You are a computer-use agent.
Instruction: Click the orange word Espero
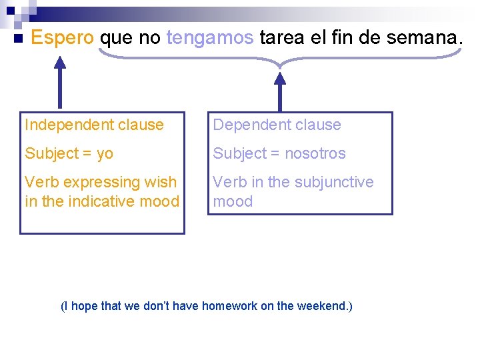63,38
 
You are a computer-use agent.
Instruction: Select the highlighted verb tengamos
210,39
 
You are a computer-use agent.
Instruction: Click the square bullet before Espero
18,38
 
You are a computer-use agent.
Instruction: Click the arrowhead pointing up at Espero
60,63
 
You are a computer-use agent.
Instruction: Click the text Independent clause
94,125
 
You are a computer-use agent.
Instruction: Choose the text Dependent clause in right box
277,125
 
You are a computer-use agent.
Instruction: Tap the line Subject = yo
69,153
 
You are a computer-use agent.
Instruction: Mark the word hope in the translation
84,306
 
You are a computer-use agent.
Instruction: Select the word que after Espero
116,39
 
